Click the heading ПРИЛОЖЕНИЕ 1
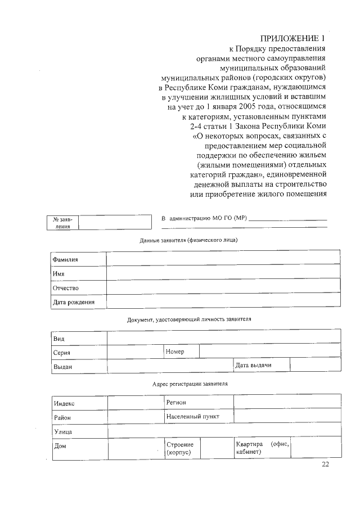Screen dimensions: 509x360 pyautogui.click(x=293, y=39)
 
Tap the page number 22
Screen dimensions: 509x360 pyautogui.click(x=326, y=464)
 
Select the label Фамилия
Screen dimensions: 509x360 pyautogui.click(x=65, y=259)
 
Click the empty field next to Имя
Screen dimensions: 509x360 pyautogui.click(x=223, y=273)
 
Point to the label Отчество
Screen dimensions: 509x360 pyautogui.click(x=65, y=287)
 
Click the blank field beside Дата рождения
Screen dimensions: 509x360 pyautogui.click(x=223, y=301)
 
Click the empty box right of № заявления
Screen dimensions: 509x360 pyautogui.click(x=115, y=222)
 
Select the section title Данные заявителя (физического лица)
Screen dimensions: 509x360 pyautogui.click(x=188, y=240)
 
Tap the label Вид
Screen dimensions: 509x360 pyautogui.click(x=58, y=338)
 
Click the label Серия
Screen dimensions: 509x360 pyautogui.click(x=61, y=353)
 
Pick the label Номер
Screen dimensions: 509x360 pyautogui.click(x=175, y=352)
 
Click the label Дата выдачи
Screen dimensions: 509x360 pyautogui.click(x=254, y=366)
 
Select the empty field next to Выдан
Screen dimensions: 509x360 pyautogui.click(x=170, y=366)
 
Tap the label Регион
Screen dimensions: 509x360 pyautogui.click(x=176, y=403)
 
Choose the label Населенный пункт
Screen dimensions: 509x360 pyautogui.click(x=192, y=416)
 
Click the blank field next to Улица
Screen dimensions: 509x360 pyautogui.click(x=223, y=431)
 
